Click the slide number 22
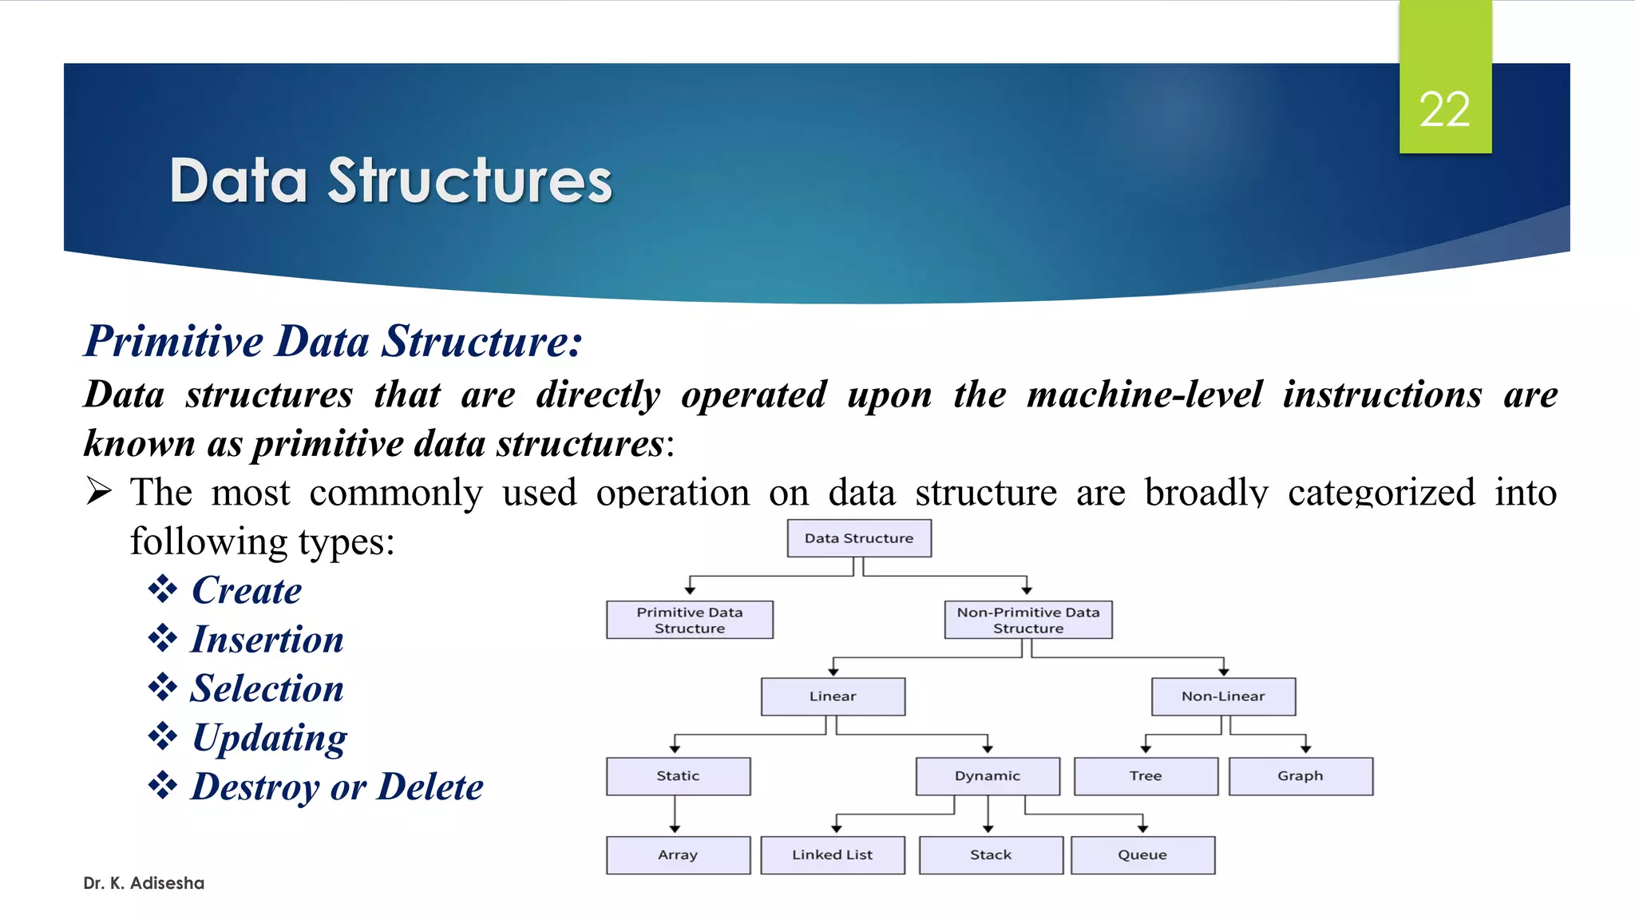coord(1444,109)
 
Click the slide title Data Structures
coord(390,180)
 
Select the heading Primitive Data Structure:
coord(334,341)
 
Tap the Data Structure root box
coord(859,538)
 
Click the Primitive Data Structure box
coord(690,620)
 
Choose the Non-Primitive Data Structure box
coord(1028,620)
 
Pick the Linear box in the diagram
coord(833,696)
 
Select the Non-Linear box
coord(1223,696)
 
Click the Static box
coord(678,776)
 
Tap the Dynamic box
coord(988,776)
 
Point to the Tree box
coord(1146,776)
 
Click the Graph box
coord(1300,776)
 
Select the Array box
coord(678,855)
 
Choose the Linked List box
coord(833,855)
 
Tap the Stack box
coord(991,855)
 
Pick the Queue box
coord(1142,855)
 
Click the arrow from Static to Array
coord(675,815)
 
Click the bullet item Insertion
coord(267,640)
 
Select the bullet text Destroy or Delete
coord(338,787)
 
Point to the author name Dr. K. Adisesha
coord(144,883)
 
